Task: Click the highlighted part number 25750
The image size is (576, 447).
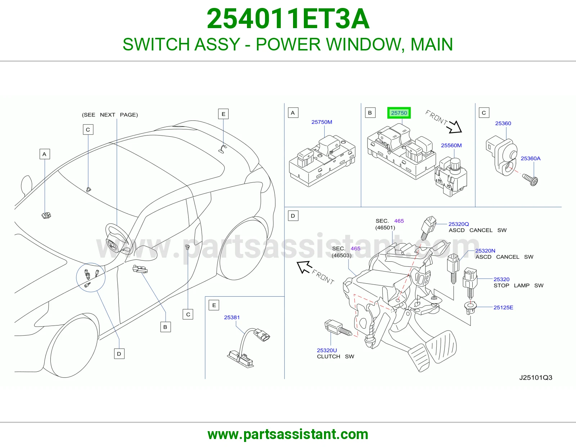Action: [x=399, y=113]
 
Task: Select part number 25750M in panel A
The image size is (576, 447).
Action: [x=321, y=122]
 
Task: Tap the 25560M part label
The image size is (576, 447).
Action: [x=451, y=146]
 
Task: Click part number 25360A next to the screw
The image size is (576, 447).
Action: [x=530, y=159]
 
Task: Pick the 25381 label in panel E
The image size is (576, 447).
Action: [x=232, y=318]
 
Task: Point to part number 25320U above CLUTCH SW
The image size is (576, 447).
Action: [x=327, y=350]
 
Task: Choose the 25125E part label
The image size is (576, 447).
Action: [x=503, y=307]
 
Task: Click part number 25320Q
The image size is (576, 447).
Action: [x=459, y=224]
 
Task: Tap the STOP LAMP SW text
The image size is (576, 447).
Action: [x=518, y=286]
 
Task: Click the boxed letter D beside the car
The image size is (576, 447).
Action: [x=119, y=354]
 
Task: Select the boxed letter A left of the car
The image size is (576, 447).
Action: [x=45, y=154]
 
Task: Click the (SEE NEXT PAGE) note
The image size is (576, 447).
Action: [x=110, y=115]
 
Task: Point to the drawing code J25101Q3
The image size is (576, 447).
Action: [x=535, y=378]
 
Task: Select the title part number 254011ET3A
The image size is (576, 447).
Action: [x=288, y=19]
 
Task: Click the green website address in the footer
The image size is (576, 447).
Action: [x=288, y=434]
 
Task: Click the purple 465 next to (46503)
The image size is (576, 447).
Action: [x=355, y=248]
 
